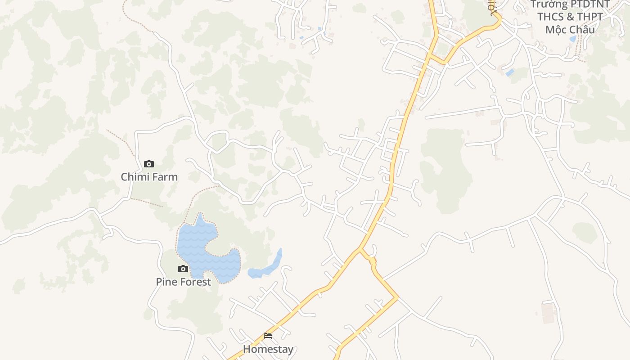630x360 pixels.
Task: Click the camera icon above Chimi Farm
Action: [x=149, y=164]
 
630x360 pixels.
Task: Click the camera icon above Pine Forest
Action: [x=183, y=269]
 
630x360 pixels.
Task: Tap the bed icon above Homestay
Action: [x=268, y=336]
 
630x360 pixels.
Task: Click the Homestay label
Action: [x=268, y=349]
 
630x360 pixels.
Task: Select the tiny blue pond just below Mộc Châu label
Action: [x=572, y=39]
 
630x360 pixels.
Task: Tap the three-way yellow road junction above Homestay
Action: [x=360, y=248]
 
